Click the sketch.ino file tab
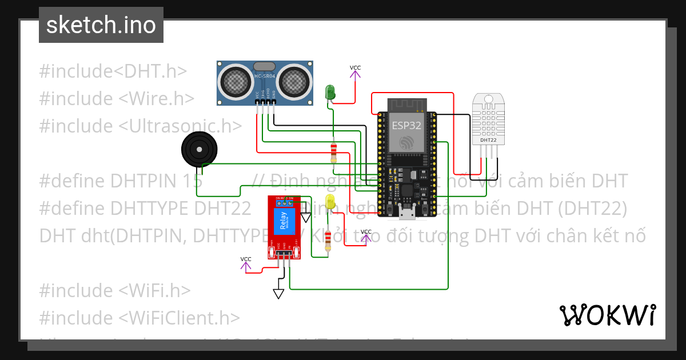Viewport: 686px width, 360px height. pyautogui.click(x=101, y=25)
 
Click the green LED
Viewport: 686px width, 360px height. pyautogui.click(x=330, y=91)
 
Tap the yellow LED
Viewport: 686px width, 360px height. pyautogui.click(x=330, y=201)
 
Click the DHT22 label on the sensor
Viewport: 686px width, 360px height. pyautogui.click(x=488, y=139)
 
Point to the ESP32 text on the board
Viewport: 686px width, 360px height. pyautogui.click(x=406, y=125)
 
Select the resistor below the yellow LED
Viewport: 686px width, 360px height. pyautogui.click(x=328, y=243)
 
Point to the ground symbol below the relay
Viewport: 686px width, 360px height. pyautogui.click(x=278, y=293)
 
